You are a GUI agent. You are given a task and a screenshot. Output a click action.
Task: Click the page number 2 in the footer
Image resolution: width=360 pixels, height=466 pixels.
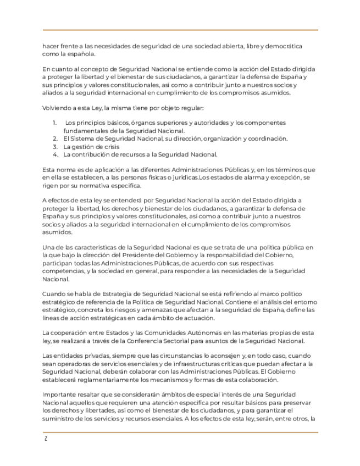(46, 439)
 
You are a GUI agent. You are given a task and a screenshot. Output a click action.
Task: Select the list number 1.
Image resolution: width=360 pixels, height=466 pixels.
(54, 123)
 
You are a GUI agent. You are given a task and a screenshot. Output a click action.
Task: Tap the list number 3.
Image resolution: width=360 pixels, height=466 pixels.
(55, 147)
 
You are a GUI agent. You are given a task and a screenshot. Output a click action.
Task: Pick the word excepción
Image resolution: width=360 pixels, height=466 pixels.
(286, 179)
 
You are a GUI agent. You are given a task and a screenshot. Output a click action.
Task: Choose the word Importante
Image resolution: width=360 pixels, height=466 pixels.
(61, 395)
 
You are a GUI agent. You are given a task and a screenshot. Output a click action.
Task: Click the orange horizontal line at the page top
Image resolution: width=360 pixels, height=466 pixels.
(180, 30)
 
